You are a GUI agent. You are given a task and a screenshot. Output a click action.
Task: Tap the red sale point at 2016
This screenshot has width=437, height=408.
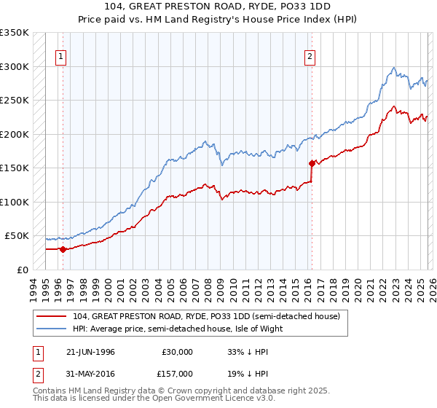pos(311,163)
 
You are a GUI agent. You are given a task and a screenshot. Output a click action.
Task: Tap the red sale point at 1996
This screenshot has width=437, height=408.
pos(63,249)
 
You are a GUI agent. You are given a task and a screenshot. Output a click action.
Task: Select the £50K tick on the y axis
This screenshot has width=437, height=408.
pos(17,236)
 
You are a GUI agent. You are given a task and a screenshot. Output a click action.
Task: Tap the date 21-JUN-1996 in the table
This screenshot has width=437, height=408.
pos(90,351)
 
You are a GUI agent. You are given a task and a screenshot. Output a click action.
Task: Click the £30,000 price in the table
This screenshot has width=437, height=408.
pos(177,351)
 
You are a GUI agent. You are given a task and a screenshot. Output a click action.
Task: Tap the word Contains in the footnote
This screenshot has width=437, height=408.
pos(50,391)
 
